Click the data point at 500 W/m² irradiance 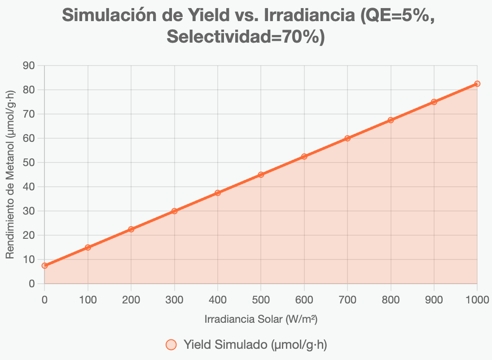[261, 175]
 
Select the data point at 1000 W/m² [477, 84]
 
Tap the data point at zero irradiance [44, 266]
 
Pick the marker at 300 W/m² [174, 211]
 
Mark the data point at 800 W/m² [391, 120]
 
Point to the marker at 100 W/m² [88, 247]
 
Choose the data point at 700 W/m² [347, 138]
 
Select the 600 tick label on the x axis [304, 300]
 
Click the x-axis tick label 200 [131, 300]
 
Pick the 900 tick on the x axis [434, 300]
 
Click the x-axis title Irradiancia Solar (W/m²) [261, 320]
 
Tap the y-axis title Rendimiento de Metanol [10, 175]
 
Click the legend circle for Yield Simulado [171, 345]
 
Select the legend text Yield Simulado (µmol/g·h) [255, 345]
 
